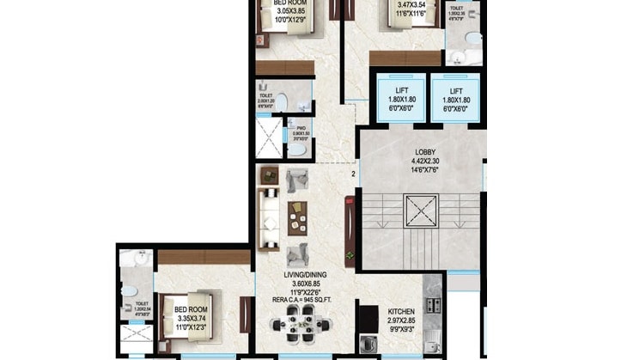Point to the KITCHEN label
coord(402,311)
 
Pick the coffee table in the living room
coord(298,214)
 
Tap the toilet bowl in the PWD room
coord(297,148)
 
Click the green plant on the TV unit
coord(350,256)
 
